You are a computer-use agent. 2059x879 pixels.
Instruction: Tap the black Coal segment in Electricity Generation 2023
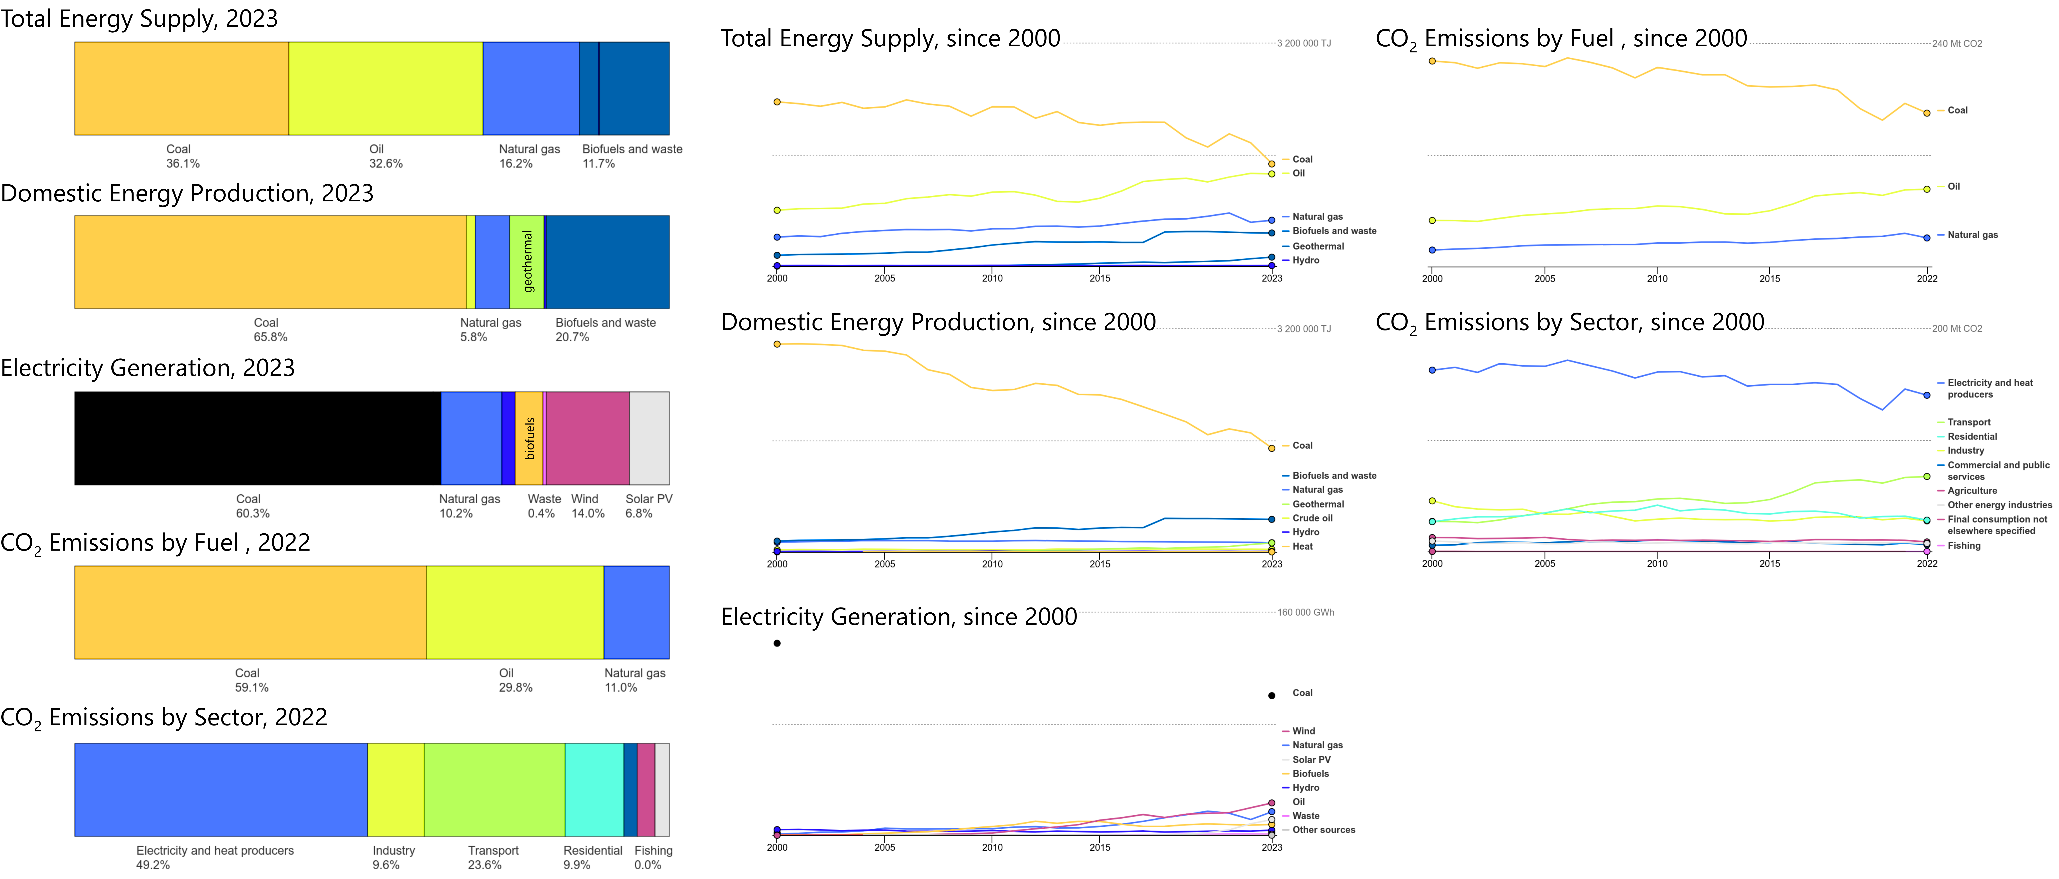(x=257, y=438)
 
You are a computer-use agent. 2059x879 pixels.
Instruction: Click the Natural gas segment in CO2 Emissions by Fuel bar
(x=636, y=612)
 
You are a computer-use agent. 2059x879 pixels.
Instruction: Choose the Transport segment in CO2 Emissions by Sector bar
(x=494, y=789)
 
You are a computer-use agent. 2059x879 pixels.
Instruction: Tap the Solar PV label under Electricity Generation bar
(x=648, y=499)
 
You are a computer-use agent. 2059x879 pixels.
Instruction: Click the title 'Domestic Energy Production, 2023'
(x=187, y=193)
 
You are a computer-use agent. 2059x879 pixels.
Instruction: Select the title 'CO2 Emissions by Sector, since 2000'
(x=1570, y=322)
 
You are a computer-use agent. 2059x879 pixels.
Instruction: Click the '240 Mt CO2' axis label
(x=1957, y=44)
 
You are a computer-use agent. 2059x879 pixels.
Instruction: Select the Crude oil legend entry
(x=1313, y=518)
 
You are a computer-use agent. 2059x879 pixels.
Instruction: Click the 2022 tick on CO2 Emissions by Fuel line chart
(x=1926, y=278)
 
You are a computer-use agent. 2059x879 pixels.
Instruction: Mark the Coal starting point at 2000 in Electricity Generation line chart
(x=777, y=643)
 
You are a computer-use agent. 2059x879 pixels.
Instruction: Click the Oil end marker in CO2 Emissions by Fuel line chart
(x=1926, y=189)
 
